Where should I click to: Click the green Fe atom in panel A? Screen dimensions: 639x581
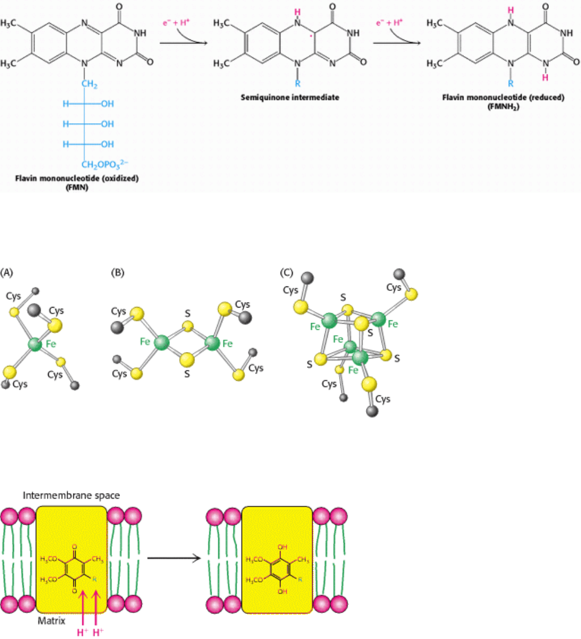click(35, 345)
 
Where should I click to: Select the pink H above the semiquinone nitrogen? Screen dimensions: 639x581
click(298, 11)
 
